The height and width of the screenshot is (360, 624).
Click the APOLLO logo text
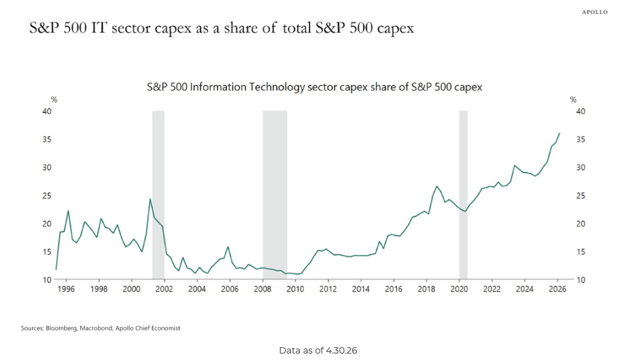595,12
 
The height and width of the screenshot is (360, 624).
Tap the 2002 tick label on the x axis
164,289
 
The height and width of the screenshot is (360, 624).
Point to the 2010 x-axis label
295,289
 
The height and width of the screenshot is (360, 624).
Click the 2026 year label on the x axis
557,289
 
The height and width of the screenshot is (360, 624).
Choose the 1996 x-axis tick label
65,289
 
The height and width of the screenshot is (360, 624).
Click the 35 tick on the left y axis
47,139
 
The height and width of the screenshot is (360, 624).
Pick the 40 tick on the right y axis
580,111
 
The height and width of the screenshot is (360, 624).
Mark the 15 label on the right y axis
580,252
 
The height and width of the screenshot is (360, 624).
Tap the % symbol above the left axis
54,99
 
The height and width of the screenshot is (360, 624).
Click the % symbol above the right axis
573,99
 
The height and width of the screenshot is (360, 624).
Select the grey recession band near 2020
463,195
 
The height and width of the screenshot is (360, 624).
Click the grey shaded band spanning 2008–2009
275,195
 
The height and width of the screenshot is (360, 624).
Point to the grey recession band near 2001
158,195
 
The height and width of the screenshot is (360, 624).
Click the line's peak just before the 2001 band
150,199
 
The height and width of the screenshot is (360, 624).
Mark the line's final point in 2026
559,133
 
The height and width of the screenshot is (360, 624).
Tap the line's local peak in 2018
437,186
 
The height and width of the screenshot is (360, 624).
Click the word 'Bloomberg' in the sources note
62,328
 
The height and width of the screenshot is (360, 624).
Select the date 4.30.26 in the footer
341,350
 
